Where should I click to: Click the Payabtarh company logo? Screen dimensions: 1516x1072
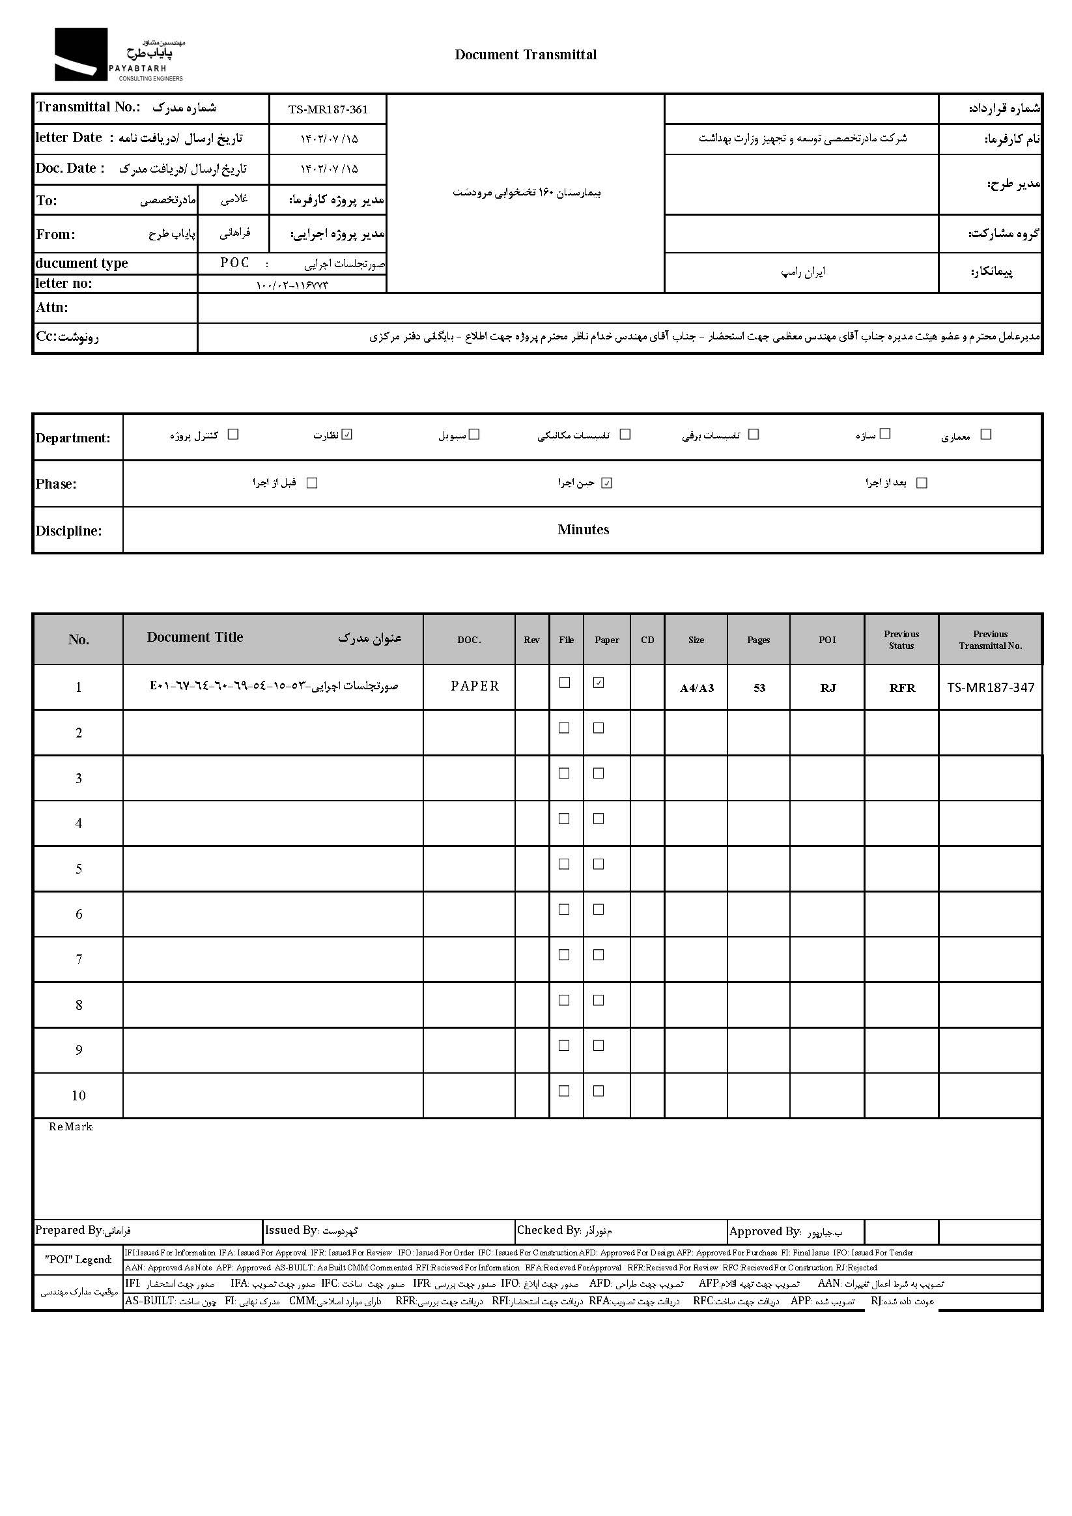pyautogui.click(x=119, y=55)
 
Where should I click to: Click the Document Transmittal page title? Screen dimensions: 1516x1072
pyautogui.click(x=526, y=55)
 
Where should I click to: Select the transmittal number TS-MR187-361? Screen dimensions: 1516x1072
pyautogui.click(x=328, y=109)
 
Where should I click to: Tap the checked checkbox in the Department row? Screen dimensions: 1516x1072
pyautogui.click(x=348, y=435)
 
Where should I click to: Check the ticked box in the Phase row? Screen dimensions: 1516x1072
pyautogui.click(x=607, y=483)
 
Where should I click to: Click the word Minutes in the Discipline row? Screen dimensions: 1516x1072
pyautogui.click(x=583, y=530)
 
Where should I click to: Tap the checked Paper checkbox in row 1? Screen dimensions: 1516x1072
pyautogui.click(x=599, y=683)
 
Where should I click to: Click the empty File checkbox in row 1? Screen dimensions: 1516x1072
pyautogui.click(x=565, y=683)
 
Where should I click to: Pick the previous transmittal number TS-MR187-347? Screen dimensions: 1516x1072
pyautogui.click(x=990, y=687)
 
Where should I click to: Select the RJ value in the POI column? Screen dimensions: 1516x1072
pyautogui.click(x=828, y=688)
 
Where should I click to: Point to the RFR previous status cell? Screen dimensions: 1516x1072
pyautogui.click(x=902, y=688)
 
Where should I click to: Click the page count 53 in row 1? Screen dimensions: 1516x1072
pyautogui.click(x=759, y=688)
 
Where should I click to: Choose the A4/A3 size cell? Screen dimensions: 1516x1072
pyautogui.click(x=696, y=688)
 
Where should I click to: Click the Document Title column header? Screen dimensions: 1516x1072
pyautogui.click(x=195, y=637)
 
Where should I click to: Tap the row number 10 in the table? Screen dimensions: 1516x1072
pyautogui.click(x=79, y=1095)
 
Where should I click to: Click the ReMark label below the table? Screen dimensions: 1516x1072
pyautogui.click(x=70, y=1127)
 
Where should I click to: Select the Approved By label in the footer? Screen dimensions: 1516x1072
pyautogui.click(x=765, y=1231)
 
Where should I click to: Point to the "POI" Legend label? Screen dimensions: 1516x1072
pyautogui.click(x=78, y=1259)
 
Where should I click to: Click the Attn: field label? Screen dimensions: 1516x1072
pyautogui.click(x=52, y=307)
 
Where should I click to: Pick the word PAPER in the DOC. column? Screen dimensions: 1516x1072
pyautogui.click(x=475, y=687)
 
